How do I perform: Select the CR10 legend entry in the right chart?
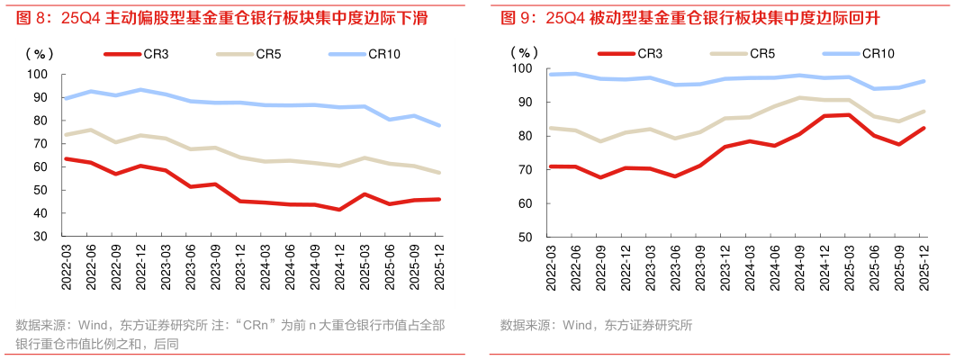tap(878, 54)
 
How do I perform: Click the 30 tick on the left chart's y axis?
tap(41, 237)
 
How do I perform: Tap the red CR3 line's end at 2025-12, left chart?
tap(438, 199)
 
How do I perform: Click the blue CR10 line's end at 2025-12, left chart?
tap(438, 125)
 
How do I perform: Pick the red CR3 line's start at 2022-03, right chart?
tap(551, 166)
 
